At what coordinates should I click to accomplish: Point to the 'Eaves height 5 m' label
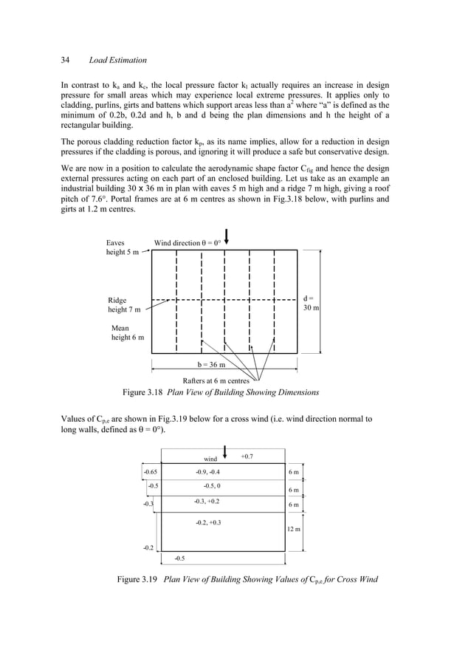pyautogui.click(x=122, y=247)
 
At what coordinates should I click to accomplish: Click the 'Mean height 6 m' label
pyautogui.click(x=127, y=332)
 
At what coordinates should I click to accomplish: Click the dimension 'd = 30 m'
pyautogui.click(x=311, y=303)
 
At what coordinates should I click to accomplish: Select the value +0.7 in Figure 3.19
pyautogui.click(x=247, y=456)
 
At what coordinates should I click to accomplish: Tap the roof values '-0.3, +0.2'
pyautogui.click(x=206, y=502)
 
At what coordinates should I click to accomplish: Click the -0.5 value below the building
pyautogui.click(x=180, y=558)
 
